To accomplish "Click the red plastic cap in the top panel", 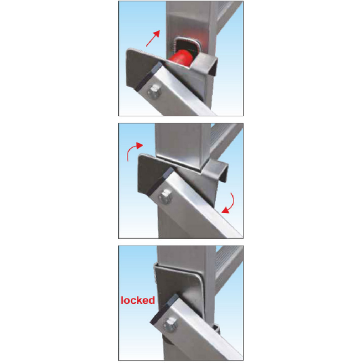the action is [182, 58].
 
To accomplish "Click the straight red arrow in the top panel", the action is [153, 38].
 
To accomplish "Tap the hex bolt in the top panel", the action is [155, 91].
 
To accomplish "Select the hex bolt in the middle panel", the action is [166, 196].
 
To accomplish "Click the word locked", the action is [138, 301].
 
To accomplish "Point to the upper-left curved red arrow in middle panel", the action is [134, 150].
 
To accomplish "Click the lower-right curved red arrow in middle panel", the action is [229, 203].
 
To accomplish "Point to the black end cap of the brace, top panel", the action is [148, 76].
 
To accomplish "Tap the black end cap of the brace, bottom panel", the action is [164, 309].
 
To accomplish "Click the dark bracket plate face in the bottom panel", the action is [178, 287].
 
